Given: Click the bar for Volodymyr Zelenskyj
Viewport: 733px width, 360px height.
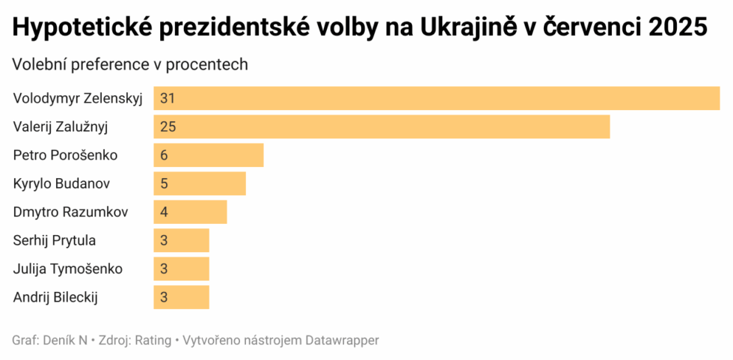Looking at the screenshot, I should (x=437, y=98).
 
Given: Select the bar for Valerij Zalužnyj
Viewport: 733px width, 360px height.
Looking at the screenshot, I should (x=381, y=126).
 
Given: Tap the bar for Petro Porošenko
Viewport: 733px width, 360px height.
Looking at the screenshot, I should (x=209, y=155).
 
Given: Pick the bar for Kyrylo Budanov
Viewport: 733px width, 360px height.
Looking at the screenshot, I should (x=200, y=183).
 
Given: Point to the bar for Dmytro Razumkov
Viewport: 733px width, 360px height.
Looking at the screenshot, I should (x=191, y=212).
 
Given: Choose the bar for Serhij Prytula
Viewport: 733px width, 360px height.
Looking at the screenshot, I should (x=182, y=240).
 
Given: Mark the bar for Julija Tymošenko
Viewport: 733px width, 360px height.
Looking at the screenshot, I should (x=182, y=269).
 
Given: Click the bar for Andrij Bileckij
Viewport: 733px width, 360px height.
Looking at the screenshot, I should (x=182, y=297).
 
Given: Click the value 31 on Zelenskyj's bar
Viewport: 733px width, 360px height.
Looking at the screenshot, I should (x=167, y=98).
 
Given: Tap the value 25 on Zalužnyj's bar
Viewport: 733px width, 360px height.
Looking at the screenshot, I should (x=168, y=126).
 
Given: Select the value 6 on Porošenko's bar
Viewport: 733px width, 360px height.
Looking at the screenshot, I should (x=164, y=155).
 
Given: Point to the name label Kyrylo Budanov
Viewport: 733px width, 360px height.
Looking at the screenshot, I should (x=61, y=183).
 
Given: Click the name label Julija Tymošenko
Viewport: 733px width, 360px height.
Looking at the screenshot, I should (x=68, y=269).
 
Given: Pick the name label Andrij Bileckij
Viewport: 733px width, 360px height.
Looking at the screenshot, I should (x=56, y=297).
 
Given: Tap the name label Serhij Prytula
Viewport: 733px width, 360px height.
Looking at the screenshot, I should (x=55, y=240).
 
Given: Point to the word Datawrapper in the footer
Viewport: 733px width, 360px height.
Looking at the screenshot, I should (x=342, y=341).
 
